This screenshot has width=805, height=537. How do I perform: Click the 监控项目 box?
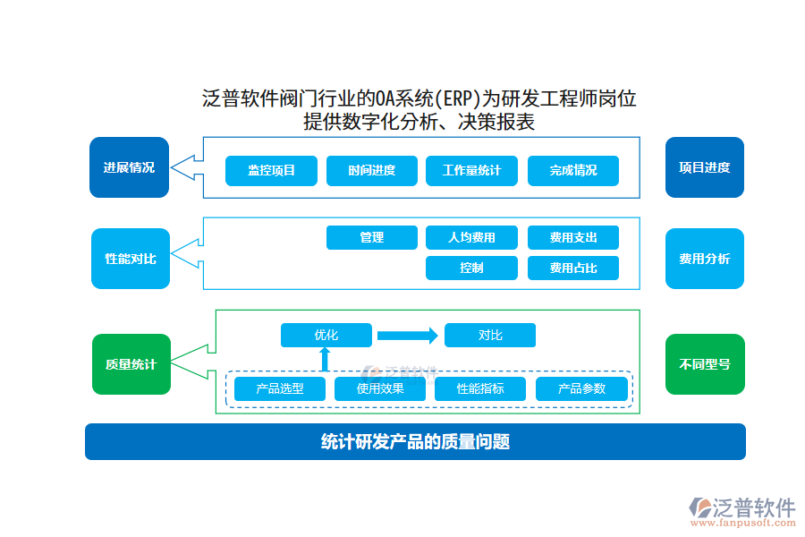coord(271,171)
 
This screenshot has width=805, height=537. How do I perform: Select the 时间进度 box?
coord(372,171)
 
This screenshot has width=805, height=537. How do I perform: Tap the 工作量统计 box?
coord(472,171)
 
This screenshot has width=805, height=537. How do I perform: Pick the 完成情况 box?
coord(573,171)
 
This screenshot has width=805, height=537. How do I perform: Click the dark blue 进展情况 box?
coord(129,167)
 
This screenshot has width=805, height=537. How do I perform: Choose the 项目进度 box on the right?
coord(704,167)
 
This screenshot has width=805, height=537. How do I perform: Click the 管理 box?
coord(372,237)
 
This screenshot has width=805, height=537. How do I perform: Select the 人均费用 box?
coord(472,237)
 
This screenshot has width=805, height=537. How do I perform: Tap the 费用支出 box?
coord(573,237)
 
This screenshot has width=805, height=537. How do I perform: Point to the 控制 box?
coord(472,268)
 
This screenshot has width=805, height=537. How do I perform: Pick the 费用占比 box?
coord(573,268)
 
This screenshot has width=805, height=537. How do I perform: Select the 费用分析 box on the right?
coord(704,259)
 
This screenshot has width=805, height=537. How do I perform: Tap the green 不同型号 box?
coord(704,364)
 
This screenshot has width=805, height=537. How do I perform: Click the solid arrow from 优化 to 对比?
coord(407,336)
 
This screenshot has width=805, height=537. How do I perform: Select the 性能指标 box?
coord(480,388)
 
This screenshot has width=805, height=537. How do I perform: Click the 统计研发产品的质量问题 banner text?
coord(415,441)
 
